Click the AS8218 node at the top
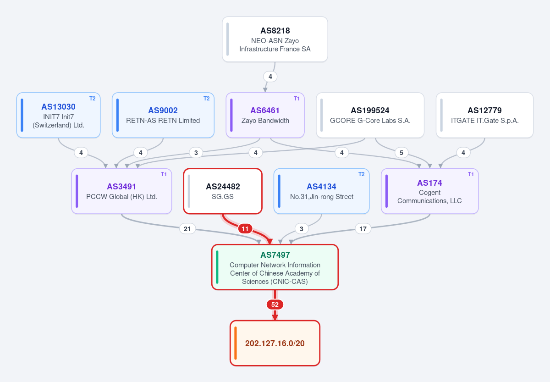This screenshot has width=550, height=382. (x=275, y=39)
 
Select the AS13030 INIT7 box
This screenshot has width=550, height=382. (x=59, y=115)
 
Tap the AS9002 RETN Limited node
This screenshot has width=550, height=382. (x=163, y=115)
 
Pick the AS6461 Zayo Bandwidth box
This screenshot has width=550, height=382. (x=265, y=115)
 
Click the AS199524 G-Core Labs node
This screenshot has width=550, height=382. (x=370, y=115)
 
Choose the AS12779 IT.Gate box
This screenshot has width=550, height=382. (x=485, y=115)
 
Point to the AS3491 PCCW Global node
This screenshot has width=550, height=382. (x=121, y=191)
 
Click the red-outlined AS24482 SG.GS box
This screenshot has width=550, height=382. (x=223, y=191)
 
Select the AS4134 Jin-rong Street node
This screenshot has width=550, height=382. (x=321, y=191)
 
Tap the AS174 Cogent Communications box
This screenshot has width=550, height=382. (x=430, y=191)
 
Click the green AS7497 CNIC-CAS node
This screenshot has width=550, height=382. (x=275, y=267)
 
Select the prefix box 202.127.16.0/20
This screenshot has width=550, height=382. (x=275, y=343)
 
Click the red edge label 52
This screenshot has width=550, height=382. (x=275, y=304)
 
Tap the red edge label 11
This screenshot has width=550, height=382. (x=245, y=229)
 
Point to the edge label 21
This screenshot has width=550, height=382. (x=187, y=229)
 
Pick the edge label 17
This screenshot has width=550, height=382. (x=363, y=229)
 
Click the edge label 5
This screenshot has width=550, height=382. (x=401, y=153)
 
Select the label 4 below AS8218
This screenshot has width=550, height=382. (x=270, y=77)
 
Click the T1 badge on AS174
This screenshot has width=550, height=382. (x=471, y=174)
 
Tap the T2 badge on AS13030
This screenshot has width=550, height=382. (x=92, y=99)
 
